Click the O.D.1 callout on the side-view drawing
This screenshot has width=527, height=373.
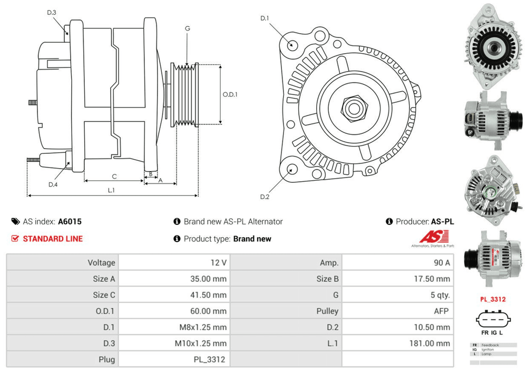[229, 95]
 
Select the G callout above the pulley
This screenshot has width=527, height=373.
[187, 28]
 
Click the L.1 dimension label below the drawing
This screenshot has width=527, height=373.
[111, 190]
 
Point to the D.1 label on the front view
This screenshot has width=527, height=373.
[265, 18]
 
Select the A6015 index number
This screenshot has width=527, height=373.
[70, 222]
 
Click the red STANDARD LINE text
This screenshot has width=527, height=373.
[53, 239]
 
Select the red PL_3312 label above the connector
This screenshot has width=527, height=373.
[492, 299]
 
